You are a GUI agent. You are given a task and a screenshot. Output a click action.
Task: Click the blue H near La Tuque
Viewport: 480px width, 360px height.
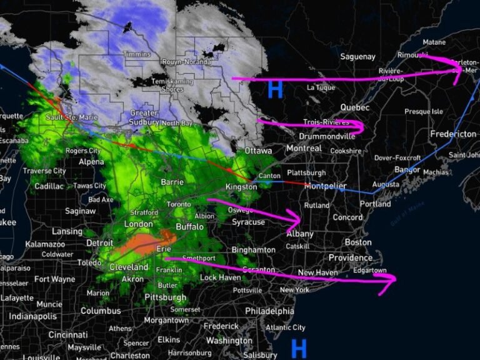[275, 89]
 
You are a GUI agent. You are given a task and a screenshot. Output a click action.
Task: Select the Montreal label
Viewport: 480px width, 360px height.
[304, 149]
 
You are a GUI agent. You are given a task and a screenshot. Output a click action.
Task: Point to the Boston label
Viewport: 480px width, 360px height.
[358, 242]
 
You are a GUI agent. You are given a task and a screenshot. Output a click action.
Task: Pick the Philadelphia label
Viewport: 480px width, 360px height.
[269, 311]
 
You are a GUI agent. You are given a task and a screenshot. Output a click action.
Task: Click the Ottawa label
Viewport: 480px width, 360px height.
[258, 151]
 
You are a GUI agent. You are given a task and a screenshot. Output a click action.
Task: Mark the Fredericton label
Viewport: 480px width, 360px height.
[453, 134]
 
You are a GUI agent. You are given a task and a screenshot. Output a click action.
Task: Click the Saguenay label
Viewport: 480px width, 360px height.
[357, 57]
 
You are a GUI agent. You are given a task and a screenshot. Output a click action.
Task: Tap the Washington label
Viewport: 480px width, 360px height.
[229, 341]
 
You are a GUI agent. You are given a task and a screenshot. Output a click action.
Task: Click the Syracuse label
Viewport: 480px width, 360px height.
[248, 222]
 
